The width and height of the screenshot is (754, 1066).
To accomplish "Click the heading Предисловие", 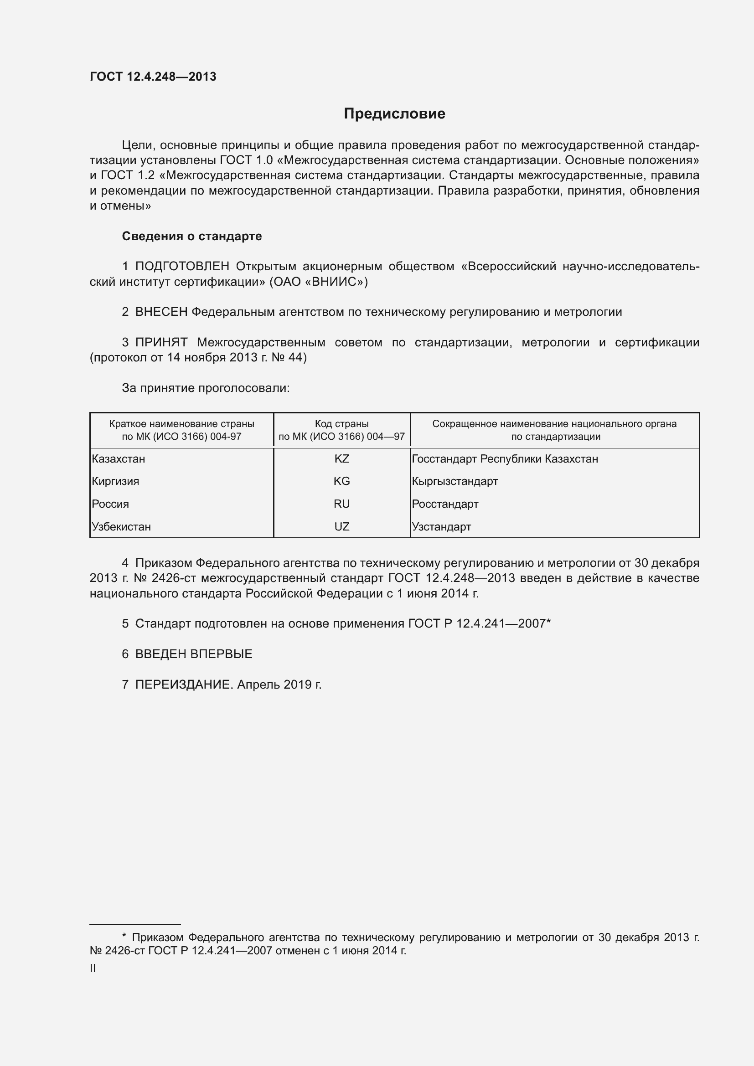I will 394,114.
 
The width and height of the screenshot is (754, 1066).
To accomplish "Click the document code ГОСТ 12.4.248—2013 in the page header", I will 153,77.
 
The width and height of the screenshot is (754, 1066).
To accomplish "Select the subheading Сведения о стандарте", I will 192,237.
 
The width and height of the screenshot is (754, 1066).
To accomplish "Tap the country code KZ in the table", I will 342,459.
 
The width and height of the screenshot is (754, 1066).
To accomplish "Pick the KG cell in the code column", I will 342,481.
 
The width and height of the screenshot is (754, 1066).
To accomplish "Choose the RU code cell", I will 342,504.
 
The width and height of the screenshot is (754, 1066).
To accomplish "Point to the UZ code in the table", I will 342,526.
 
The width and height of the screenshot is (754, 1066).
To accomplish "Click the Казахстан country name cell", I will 119,459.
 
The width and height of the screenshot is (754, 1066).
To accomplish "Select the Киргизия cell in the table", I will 116,481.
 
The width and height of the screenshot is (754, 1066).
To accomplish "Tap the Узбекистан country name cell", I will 122,526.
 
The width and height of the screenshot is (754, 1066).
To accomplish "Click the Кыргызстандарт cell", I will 454,481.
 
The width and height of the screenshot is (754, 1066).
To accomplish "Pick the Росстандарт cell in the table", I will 445,504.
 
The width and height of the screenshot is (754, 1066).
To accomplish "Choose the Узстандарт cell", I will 441,526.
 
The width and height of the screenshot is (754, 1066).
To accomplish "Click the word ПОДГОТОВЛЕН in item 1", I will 182,267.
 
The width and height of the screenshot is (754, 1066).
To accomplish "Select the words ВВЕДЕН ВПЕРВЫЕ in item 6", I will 194,654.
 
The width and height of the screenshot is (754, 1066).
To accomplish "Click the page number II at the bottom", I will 93,968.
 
